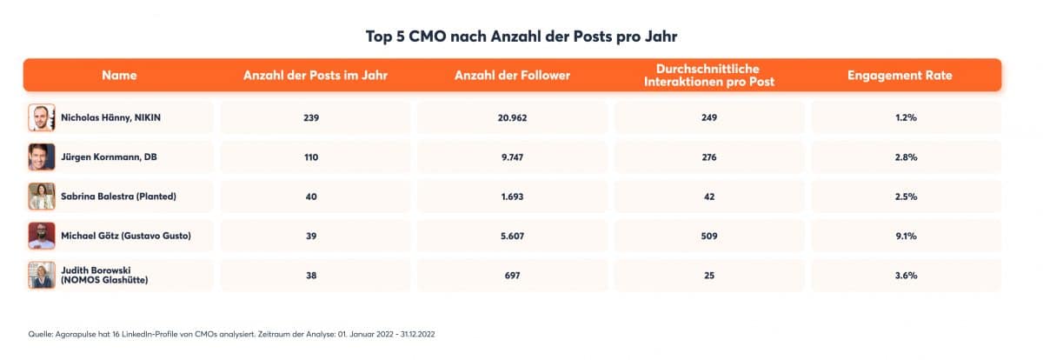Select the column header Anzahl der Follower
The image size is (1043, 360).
(512, 76)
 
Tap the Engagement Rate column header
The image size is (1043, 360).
(900, 76)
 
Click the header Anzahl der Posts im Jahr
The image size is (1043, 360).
(315, 76)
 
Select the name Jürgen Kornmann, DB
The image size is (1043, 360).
(110, 157)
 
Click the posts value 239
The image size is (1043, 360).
(311, 117)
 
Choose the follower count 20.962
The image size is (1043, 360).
(512, 117)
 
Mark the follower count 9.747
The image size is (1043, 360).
(512, 157)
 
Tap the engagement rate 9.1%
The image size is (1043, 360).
(905, 236)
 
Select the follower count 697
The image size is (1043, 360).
(512, 275)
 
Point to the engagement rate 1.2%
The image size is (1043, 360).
(905, 117)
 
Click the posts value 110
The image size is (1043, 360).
(311, 157)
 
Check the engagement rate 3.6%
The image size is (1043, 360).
(905, 275)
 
